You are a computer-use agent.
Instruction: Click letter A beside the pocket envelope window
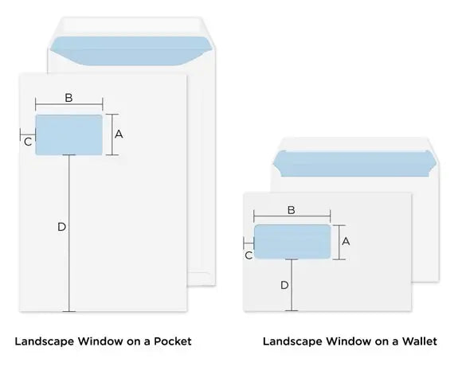[x=119, y=134]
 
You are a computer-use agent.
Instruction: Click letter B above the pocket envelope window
[x=69, y=98]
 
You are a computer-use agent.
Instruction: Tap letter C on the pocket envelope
[x=28, y=142]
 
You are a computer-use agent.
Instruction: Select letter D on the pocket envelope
[x=61, y=228]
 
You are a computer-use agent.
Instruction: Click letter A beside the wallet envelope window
[x=346, y=240]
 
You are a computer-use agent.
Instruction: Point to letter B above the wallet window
[x=291, y=210]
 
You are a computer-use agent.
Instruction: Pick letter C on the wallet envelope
[x=249, y=255]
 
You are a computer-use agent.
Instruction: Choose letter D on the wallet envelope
[x=284, y=284]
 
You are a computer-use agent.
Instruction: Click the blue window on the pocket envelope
[x=69, y=134]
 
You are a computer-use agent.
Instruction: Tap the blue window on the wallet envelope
[x=292, y=241]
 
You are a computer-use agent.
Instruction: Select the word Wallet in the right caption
[x=419, y=341]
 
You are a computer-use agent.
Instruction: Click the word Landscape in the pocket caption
[x=45, y=341]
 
